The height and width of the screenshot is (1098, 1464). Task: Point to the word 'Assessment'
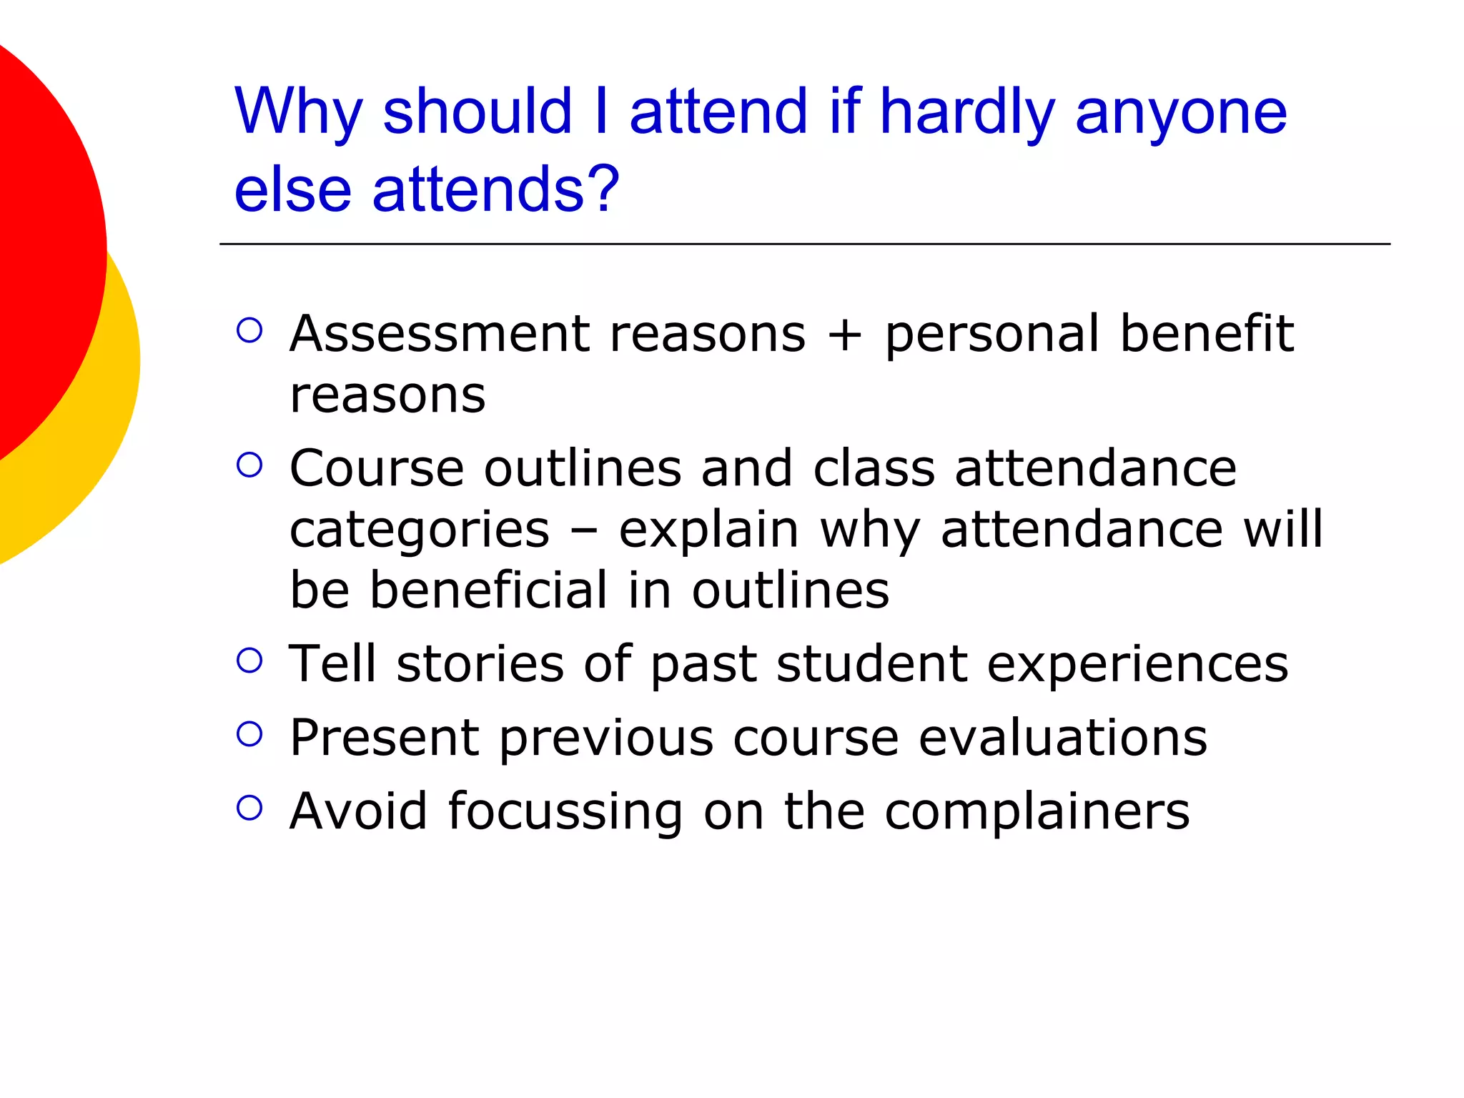(439, 334)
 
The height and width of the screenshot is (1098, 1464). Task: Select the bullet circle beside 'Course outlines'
(249, 465)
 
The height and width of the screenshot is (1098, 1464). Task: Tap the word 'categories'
(420, 530)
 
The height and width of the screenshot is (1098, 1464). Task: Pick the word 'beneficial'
(489, 591)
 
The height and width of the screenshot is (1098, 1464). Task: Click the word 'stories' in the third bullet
(480, 664)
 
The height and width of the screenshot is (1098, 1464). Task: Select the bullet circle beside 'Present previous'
(249, 734)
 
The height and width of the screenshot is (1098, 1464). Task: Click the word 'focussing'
(565, 813)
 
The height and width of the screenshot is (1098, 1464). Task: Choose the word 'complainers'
(1037, 813)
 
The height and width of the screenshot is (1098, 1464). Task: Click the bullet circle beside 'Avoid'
(249, 808)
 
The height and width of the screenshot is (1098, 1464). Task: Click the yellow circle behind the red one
(107, 429)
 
